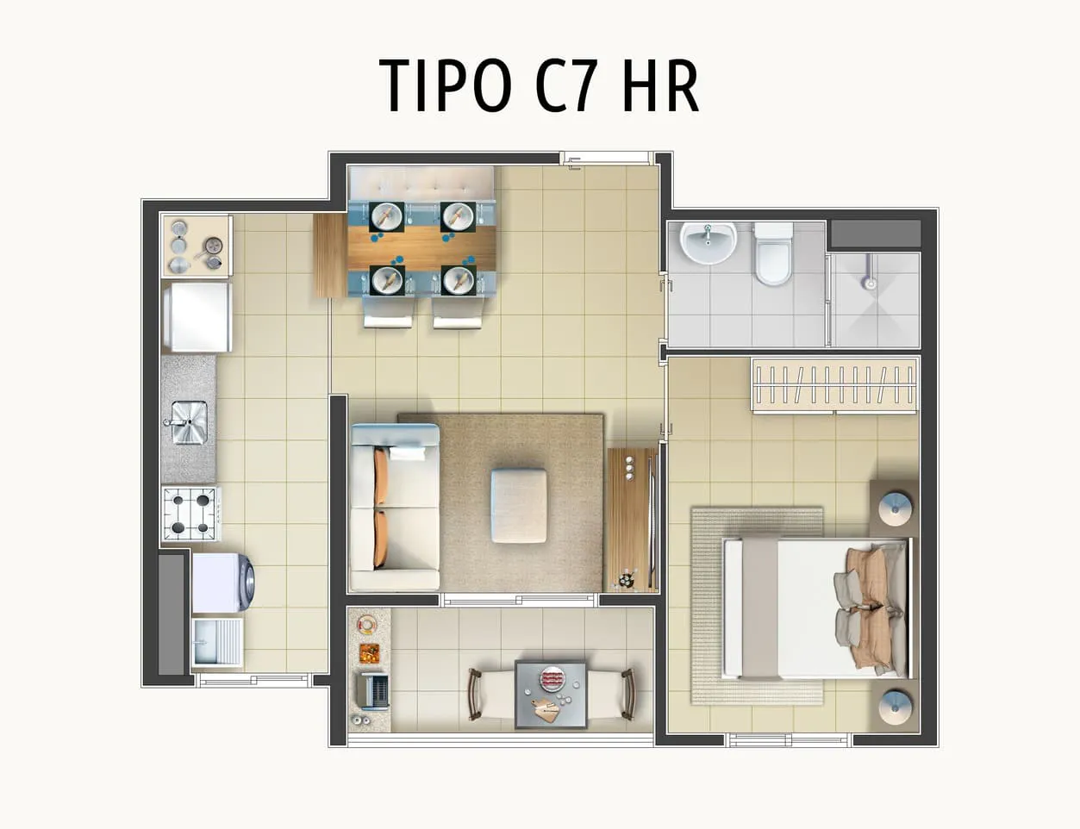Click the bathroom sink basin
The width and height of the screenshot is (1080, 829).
pyautogui.click(x=709, y=243)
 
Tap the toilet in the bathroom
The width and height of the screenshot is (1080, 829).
pyautogui.click(x=773, y=254)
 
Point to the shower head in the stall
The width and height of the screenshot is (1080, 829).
pyautogui.click(x=870, y=284)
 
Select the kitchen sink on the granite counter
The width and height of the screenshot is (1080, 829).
pyautogui.click(x=189, y=422)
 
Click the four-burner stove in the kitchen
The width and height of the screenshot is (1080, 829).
pyautogui.click(x=190, y=514)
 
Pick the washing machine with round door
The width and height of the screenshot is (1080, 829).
pyautogui.click(x=223, y=583)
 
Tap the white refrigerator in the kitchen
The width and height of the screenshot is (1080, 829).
pyautogui.click(x=197, y=317)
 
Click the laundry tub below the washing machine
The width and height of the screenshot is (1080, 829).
pyautogui.click(x=217, y=643)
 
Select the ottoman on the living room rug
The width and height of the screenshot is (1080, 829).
pyautogui.click(x=520, y=506)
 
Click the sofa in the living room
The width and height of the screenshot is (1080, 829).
pyautogui.click(x=395, y=506)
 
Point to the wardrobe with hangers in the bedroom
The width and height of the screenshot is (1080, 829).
pyautogui.click(x=835, y=385)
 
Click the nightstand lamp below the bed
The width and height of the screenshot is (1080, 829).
pyautogui.click(x=895, y=707)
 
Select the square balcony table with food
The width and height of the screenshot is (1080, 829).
pyautogui.click(x=551, y=694)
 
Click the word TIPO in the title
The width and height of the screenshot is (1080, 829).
pyautogui.click(x=446, y=85)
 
